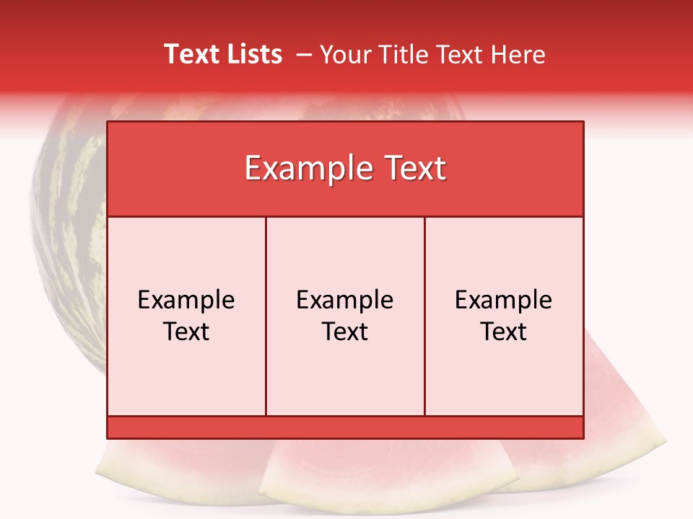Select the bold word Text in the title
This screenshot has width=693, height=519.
(191, 54)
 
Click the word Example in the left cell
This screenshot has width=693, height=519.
(186, 300)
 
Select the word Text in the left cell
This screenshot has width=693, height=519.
(186, 332)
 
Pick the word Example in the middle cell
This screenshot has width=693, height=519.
(345, 300)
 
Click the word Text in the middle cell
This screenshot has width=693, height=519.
(345, 332)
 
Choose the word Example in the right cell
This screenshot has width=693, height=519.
(504, 300)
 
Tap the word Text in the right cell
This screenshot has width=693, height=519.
(504, 332)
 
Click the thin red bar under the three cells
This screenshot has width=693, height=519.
(345, 427)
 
